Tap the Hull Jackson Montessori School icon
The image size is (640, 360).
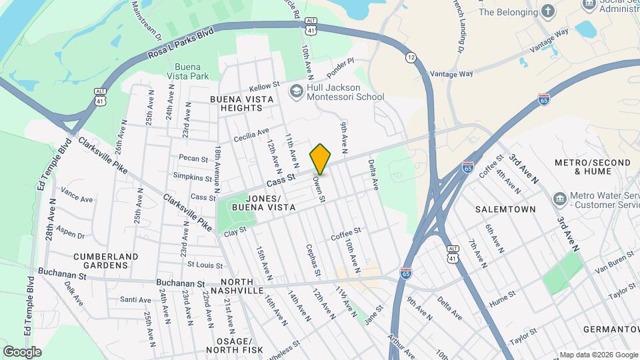296,91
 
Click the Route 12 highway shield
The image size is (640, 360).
411,58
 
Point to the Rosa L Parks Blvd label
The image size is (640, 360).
181,42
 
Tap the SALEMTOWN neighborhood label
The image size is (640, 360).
505,209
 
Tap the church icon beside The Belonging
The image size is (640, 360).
548,11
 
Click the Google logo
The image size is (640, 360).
22,351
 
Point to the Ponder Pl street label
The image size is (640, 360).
340,69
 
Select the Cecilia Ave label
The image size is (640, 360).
251,135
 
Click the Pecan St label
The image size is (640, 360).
194,158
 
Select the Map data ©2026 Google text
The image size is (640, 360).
598,354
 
